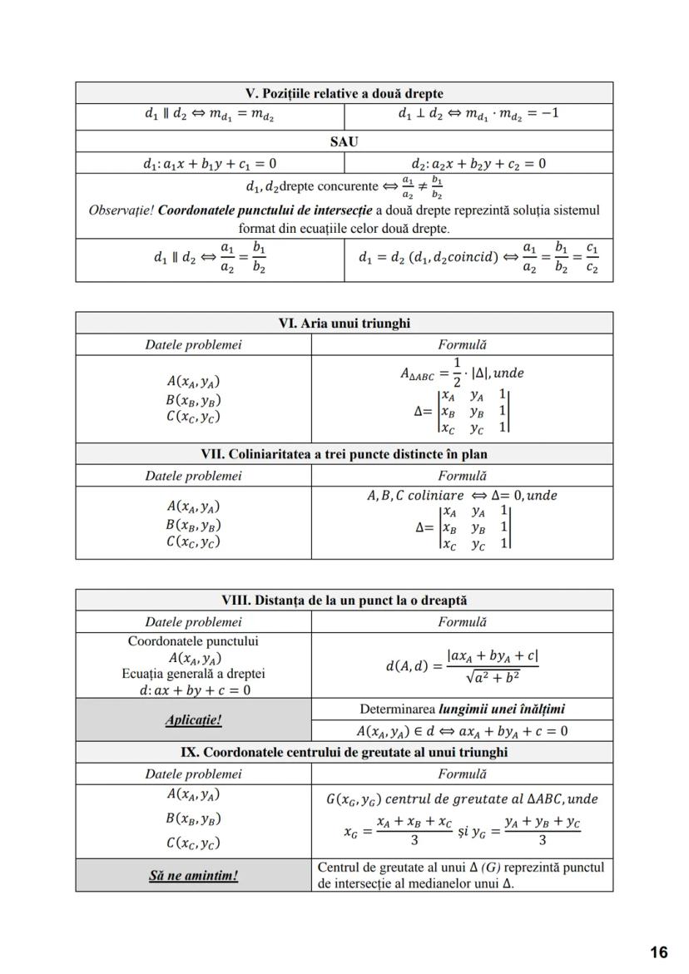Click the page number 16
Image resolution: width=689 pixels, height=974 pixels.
[x=659, y=952]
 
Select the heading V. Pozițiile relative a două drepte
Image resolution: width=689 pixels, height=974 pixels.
[x=344, y=93]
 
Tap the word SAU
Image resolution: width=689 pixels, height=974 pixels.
[x=344, y=141]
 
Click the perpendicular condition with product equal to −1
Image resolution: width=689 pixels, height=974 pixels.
[x=478, y=114]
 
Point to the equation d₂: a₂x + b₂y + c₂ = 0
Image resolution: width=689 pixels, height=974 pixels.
[x=478, y=163]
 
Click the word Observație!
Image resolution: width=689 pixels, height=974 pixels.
[x=121, y=210]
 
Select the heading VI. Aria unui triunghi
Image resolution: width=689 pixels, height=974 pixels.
[x=344, y=323]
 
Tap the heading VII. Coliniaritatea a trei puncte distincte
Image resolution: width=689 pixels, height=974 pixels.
[x=344, y=454]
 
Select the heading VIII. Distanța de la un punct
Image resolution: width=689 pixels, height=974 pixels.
[x=344, y=600]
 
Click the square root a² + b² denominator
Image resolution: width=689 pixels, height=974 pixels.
[x=493, y=678]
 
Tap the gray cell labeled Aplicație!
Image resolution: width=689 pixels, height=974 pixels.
[x=193, y=719]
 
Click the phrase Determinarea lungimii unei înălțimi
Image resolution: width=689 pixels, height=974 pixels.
[x=462, y=709]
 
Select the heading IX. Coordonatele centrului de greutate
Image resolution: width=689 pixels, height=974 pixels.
[x=344, y=752]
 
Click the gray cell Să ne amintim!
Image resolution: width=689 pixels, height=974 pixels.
[x=193, y=876]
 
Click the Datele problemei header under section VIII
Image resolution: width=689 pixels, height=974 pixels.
[x=193, y=621]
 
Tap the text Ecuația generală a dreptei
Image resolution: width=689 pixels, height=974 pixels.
[x=193, y=674]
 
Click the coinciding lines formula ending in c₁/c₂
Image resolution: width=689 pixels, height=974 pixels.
[x=478, y=259]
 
